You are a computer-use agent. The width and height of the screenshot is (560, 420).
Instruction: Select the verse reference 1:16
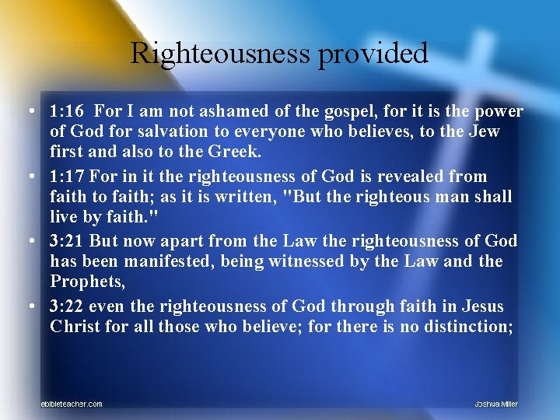[68, 112]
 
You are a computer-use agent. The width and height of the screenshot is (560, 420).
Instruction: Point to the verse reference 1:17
[68, 177]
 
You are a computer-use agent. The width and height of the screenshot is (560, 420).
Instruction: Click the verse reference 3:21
[68, 242]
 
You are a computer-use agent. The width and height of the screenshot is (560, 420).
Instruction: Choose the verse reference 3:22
[68, 306]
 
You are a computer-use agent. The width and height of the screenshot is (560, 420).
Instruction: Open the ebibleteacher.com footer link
[72, 404]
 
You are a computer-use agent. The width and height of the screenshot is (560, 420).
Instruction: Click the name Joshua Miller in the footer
[496, 404]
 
